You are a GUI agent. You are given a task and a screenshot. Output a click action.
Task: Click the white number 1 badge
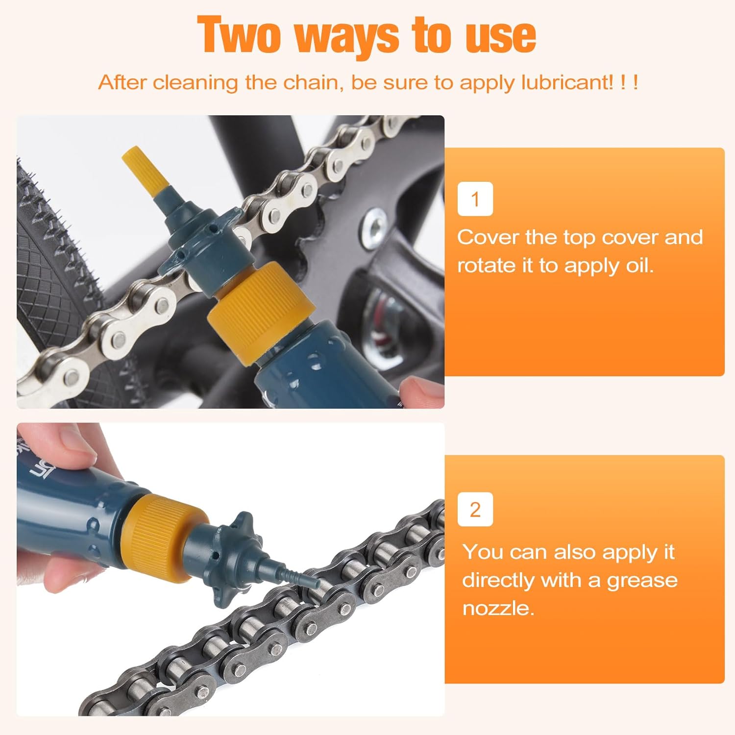475,199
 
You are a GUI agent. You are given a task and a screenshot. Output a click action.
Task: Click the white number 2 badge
475,510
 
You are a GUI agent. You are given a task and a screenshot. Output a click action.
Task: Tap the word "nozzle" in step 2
497,609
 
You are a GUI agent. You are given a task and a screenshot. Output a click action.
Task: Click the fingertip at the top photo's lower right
421,392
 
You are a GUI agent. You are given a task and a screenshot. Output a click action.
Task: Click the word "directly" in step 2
498,581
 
